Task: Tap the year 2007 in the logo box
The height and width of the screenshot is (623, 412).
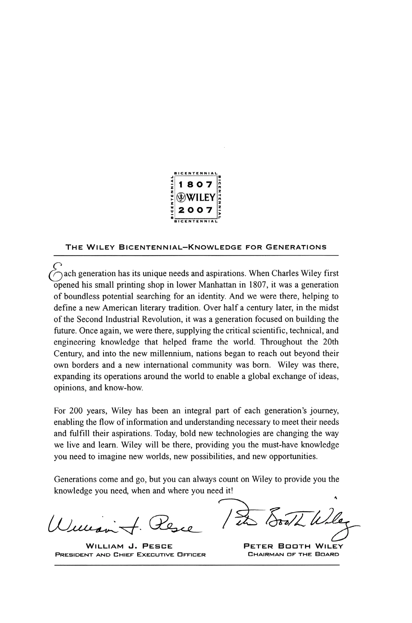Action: tap(195, 210)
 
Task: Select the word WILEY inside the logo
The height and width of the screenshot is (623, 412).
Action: tap(201, 197)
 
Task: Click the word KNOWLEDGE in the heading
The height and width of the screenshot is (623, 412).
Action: tap(215, 247)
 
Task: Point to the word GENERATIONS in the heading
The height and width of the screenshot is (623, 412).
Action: tap(296, 247)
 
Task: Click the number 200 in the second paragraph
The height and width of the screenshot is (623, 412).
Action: tap(76, 411)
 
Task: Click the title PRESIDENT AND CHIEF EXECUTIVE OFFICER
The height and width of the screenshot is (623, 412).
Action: tap(130, 555)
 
